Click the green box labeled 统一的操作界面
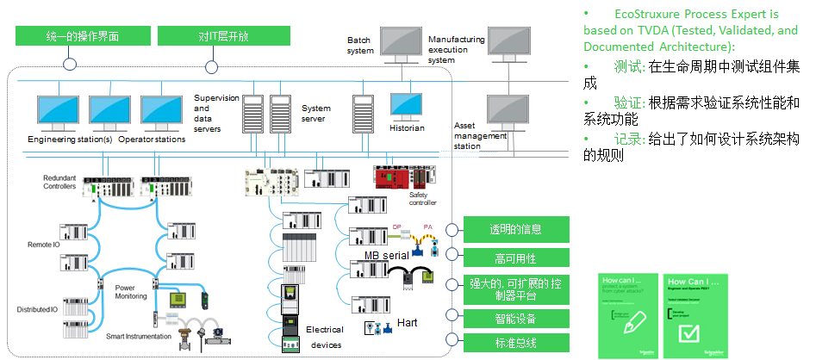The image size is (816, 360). (x=82, y=36)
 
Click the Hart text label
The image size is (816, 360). (x=408, y=323)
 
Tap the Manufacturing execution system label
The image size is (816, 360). (x=456, y=50)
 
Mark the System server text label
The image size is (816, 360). (x=316, y=114)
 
